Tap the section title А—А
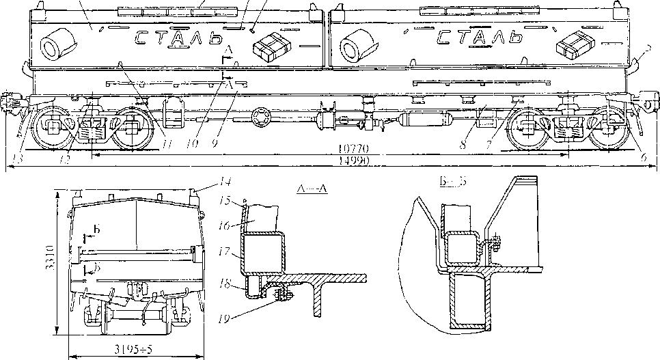pyautogui.click(x=312, y=189)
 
